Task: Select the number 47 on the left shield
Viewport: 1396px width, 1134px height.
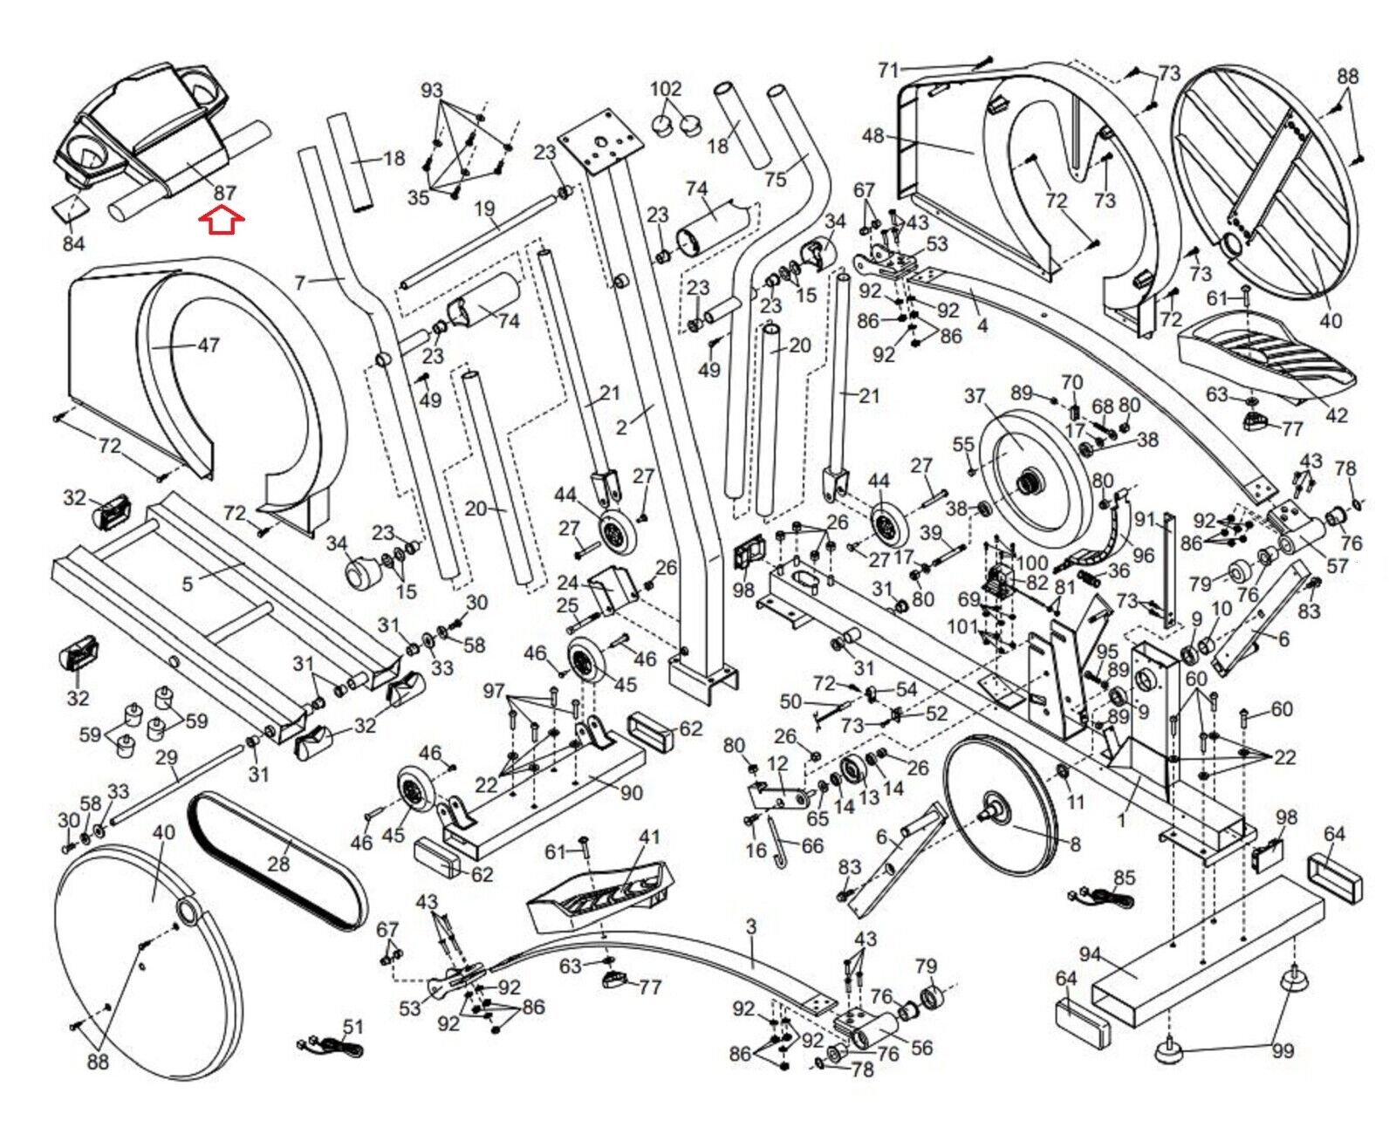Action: (x=208, y=345)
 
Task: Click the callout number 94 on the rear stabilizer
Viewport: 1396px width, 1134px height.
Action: (x=1090, y=954)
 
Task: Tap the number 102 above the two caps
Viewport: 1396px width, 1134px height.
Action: (x=666, y=89)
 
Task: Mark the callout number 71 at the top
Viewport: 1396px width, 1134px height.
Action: (x=888, y=70)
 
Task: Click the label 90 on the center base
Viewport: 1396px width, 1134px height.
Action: (x=631, y=792)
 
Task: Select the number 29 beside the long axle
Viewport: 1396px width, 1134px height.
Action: (x=166, y=757)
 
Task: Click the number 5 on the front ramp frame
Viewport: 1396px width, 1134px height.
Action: (x=187, y=583)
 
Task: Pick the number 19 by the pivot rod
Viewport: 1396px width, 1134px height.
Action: (x=485, y=209)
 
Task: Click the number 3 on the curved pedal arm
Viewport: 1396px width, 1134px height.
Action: (x=750, y=926)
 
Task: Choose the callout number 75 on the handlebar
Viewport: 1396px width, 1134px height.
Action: (x=775, y=179)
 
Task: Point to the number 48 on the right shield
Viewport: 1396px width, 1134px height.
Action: (x=872, y=136)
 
